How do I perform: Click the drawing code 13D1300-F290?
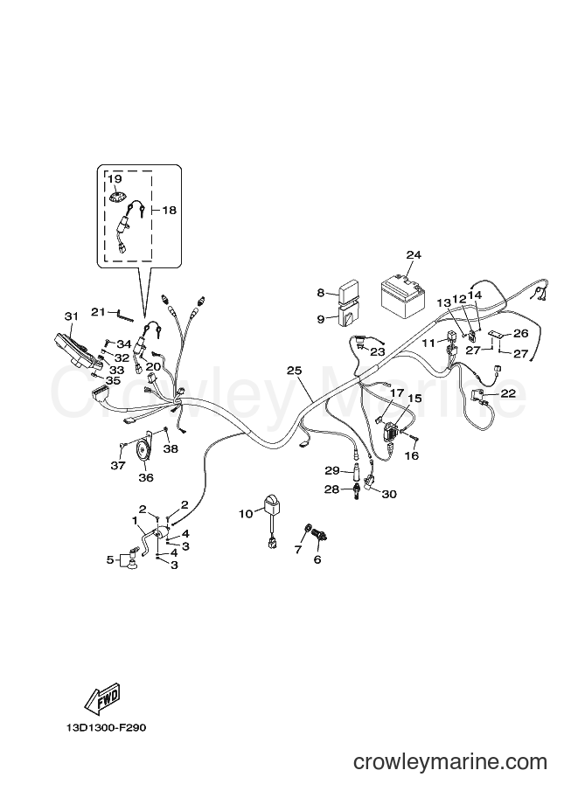pos(106,728)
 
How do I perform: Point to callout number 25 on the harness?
pos(295,370)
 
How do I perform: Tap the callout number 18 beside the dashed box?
pos(169,210)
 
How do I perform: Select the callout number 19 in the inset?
pos(115,178)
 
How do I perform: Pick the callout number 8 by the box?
pos(321,293)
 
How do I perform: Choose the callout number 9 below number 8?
pos(321,319)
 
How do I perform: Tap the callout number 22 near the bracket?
pos(508,393)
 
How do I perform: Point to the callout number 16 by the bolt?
pos(412,455)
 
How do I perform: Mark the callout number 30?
pos(389,494)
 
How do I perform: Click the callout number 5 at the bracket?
pos(110,559)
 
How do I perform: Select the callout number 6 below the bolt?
pos(317,559)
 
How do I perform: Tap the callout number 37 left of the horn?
pos(118,465)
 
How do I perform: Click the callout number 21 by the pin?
pos(99,311)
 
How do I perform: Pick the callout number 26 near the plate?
pos(520,333)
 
